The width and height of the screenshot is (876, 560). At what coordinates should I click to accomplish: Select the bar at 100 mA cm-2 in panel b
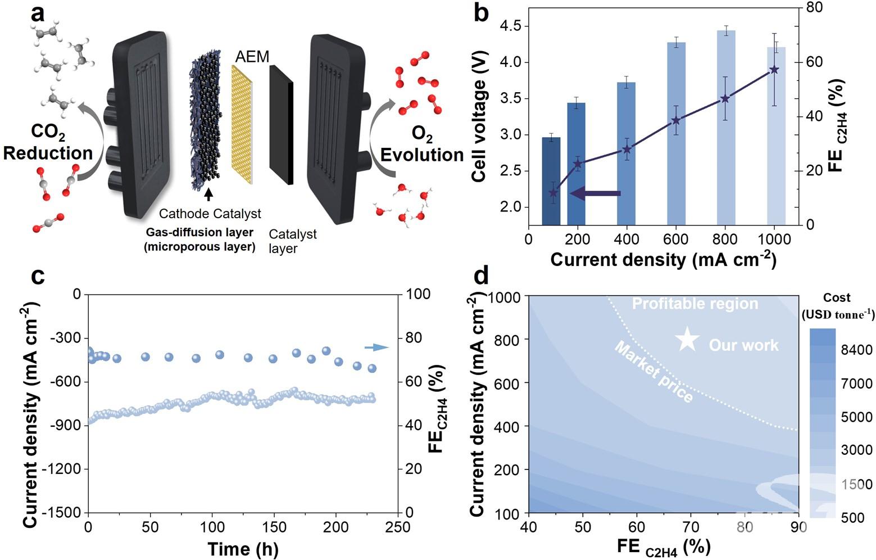[551, 180]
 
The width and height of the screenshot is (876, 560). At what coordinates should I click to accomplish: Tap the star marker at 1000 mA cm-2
[774, 69]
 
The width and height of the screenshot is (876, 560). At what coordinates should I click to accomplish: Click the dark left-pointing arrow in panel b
[595, 193]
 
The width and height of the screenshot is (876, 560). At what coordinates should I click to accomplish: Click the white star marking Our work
[687, 340]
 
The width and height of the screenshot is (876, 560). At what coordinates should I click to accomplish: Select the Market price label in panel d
[653, 372]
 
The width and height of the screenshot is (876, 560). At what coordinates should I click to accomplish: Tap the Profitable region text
[695, 304]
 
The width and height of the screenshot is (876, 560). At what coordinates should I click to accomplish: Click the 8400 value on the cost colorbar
[856, 350]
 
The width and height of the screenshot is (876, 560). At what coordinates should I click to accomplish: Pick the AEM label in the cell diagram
[252, 57]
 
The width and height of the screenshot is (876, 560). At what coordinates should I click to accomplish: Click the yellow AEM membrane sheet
[242, 124]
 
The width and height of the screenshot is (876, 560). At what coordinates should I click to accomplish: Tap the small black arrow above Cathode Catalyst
[209, 195]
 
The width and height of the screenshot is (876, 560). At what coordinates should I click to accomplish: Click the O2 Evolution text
[422, 144]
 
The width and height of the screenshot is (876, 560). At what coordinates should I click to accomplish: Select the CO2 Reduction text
[48, 144]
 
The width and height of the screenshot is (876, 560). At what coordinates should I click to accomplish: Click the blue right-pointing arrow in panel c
[376, 347]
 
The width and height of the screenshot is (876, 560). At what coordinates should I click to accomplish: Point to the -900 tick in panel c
[66, 426]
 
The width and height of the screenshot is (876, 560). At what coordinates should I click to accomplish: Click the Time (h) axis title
[243, 549]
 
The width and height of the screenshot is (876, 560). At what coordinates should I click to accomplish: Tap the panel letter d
[482, 277]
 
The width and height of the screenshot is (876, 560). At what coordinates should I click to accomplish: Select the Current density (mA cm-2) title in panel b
[663, 260]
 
